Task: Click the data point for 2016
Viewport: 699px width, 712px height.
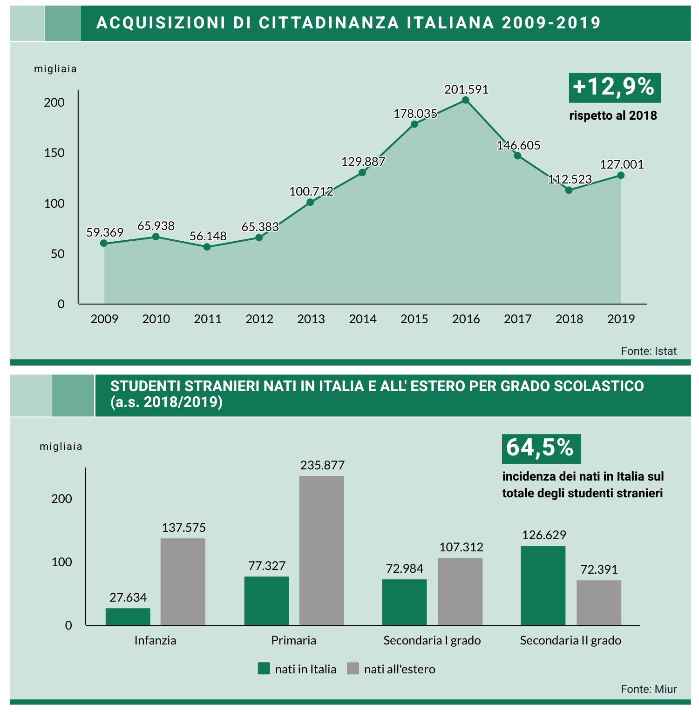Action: (x=466, y=100)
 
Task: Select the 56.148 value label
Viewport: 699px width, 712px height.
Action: (x=208, y=236)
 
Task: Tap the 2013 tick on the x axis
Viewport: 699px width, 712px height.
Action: (x=311, y=319)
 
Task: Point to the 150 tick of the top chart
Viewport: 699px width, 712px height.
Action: (x=54, y=153)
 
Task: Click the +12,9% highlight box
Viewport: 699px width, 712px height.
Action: (x=614, y=88)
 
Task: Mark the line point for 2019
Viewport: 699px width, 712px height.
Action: (x=621, y=175)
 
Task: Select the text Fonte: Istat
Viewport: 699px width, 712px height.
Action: (x=648, y=351)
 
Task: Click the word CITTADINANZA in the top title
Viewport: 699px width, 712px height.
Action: (x=329, y=23)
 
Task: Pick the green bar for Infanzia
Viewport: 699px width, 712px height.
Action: (x=128, y=617)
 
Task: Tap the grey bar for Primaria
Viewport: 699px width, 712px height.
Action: (x=321, y=550)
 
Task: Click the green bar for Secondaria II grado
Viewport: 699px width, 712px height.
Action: (x=543, y=585)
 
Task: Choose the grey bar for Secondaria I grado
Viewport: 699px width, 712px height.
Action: (x=460, y=591)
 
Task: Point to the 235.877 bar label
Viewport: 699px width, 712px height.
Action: (x=322, y=465)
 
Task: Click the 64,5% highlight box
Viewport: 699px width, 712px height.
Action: (x=541, y=448)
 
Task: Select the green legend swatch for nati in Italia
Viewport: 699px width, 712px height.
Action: (x=264, y=669)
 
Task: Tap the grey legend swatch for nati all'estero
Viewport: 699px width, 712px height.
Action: (x=353, y=669)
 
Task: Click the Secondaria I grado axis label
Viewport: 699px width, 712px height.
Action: (x=432, y=640)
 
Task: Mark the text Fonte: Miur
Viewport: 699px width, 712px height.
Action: (x=648, y=689)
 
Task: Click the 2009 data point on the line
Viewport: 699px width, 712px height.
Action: (x=104, y=243)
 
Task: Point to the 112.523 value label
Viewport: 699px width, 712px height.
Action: (x=570, y=179)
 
